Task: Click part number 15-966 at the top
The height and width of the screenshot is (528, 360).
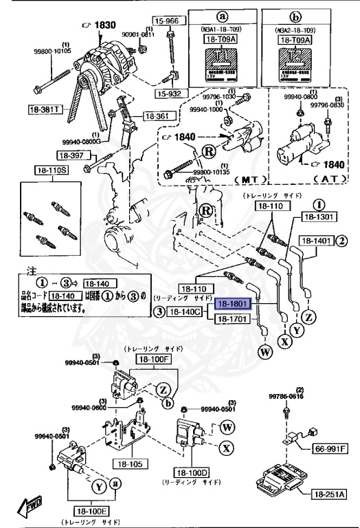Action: pyautogui.click(x=167, y=21)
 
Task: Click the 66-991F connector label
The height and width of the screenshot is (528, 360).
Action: pyautogui.click(x=330, y=449)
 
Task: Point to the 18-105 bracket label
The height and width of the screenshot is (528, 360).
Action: pyautogui.click(x=127, y=464)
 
